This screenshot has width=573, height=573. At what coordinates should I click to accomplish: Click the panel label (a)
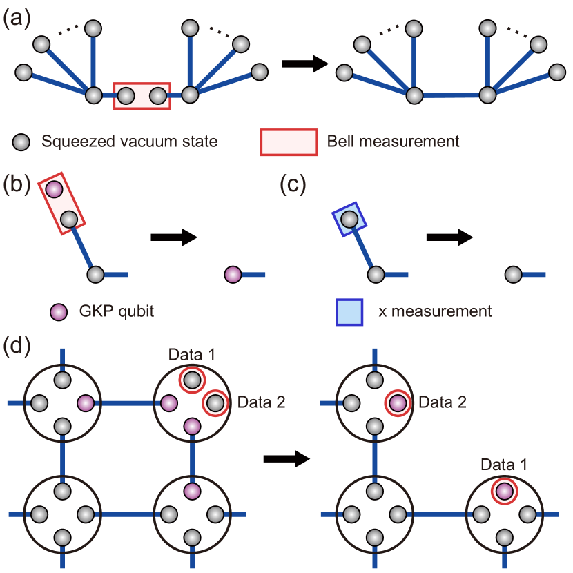[x=17, y=17]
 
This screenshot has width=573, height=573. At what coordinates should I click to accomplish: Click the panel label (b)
[x=17, y=184]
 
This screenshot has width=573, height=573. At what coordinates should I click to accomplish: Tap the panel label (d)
[x=17, y=345]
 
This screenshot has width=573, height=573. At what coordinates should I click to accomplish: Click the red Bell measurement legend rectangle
[x=289, y=142]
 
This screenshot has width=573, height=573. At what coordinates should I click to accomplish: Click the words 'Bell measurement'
[x=393, y=142]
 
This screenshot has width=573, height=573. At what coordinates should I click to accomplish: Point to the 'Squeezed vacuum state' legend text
[x=130, y=142]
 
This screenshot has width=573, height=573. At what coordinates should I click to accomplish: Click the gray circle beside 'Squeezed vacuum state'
[x=21, y=142]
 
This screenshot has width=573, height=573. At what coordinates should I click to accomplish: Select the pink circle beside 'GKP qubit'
[x=59, y=311]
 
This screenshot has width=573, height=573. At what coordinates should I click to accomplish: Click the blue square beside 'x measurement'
[x=349, y=311]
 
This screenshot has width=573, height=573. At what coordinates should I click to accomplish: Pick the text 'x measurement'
[x=435, y=311]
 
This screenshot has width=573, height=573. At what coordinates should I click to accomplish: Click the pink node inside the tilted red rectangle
[x=54, y=188]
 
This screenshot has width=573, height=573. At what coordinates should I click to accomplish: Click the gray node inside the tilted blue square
[x=349, y=220]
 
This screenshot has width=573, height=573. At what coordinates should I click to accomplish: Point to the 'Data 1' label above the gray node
[x=192, y=355]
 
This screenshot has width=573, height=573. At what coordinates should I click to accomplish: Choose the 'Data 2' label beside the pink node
[x=443, y=402]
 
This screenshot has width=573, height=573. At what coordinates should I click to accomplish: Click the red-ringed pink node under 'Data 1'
[x=505, y=492]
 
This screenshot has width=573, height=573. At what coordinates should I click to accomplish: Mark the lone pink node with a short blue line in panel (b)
[x=233, y=275]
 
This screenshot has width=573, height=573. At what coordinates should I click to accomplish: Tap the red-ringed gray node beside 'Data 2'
[x=215, y=402]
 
